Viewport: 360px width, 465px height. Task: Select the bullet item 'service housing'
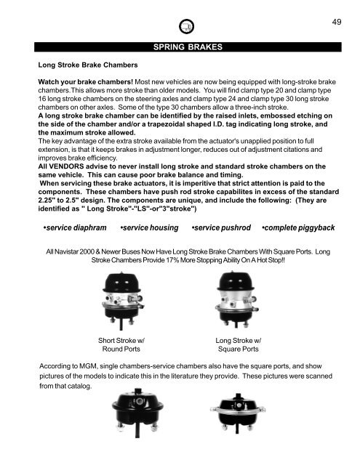(153, 230)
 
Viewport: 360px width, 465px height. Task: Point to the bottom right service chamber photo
(239, 433)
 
